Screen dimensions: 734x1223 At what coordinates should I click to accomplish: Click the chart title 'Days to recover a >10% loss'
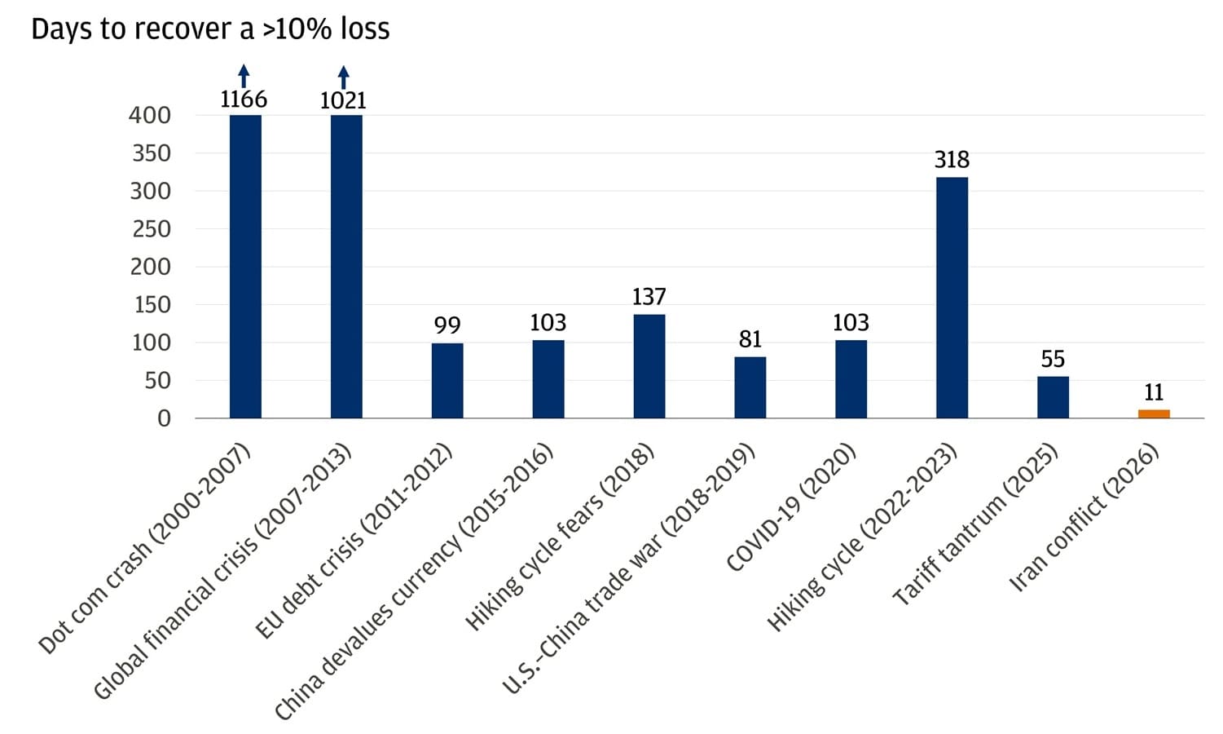(210, 29)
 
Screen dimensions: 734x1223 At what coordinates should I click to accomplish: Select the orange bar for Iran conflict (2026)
(1154, 413)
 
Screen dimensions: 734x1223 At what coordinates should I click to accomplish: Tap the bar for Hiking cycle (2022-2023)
(952, 298)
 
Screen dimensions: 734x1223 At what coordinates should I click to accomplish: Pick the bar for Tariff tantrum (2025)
(1053, 397)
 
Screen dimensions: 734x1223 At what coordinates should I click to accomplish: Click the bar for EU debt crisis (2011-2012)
(447, 381)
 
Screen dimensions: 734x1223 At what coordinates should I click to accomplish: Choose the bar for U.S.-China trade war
(750, 387)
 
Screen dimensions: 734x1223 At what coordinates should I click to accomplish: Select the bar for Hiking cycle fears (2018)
(649, 366)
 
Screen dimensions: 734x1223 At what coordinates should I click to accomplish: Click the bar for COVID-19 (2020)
(851, 379)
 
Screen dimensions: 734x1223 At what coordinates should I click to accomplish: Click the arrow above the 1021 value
(343, 77)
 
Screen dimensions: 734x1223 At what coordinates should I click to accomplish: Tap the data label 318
(952, 160)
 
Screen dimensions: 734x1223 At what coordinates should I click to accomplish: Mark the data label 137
(649, 297)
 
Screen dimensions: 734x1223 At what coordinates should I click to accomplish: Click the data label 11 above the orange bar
(1154, 392)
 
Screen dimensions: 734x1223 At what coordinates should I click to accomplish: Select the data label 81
(750, 339)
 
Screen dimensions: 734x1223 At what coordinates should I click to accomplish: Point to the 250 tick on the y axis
(152, 229)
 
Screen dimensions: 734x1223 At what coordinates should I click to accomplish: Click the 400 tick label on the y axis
(150, 115)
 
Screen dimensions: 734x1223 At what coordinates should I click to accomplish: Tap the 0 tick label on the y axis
(164, 418)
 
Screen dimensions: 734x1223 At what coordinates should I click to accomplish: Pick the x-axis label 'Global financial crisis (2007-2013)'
(222, 572)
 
